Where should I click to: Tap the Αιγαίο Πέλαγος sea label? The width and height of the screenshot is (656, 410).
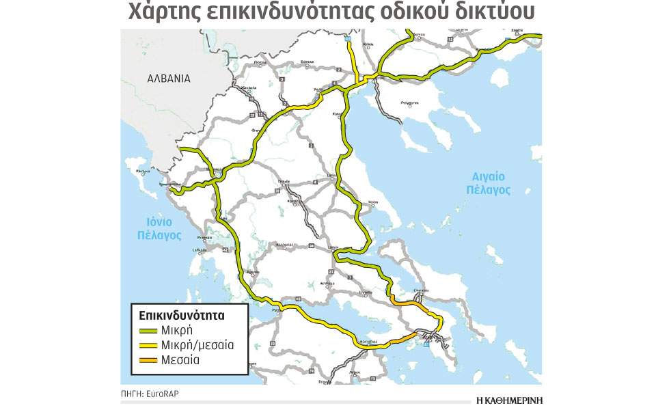(x=489, y=183)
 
